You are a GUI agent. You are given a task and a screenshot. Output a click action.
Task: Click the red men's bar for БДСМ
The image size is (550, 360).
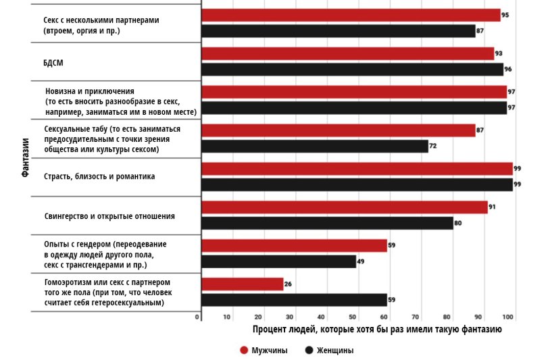tap(348, 53)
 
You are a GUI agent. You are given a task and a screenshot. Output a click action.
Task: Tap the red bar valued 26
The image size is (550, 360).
tap(243, 284)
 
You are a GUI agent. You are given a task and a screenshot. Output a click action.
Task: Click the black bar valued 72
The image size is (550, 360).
tap(315, 146)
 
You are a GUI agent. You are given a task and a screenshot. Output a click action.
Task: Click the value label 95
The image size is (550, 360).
tap(505, 14)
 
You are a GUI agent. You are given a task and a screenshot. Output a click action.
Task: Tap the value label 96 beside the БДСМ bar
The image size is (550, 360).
tap(508, 69)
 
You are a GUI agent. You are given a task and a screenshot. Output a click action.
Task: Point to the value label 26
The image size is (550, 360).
tap(288, 284)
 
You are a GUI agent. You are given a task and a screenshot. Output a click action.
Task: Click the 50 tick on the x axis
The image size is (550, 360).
tap(352, 317)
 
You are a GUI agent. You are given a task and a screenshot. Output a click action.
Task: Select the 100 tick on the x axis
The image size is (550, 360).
tap(507, 317)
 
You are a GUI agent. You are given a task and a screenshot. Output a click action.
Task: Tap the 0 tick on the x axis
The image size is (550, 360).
tap(198, 317)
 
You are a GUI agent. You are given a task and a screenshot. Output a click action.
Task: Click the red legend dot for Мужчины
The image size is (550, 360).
tap(244, 350)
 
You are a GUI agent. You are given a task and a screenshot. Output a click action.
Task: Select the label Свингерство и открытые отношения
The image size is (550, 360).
tap(109, 216)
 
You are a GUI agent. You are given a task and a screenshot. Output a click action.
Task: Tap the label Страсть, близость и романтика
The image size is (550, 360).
tap(99, 177)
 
